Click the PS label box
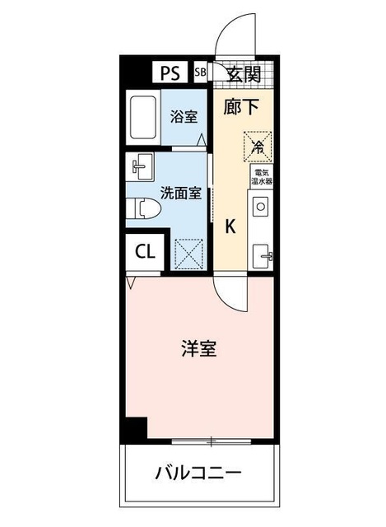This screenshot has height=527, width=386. click(x=170, y=72)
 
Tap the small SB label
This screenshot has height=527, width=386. click(x=200, y=72)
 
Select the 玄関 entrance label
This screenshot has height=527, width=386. click(x=244, y=74)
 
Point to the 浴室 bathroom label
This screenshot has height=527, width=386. click(x=183, y=117)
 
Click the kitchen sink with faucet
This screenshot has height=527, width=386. click(x=263, y=254)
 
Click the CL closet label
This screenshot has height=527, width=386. click(x=145, y=252)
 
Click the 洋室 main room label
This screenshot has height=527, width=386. click(x=198, y=348)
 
